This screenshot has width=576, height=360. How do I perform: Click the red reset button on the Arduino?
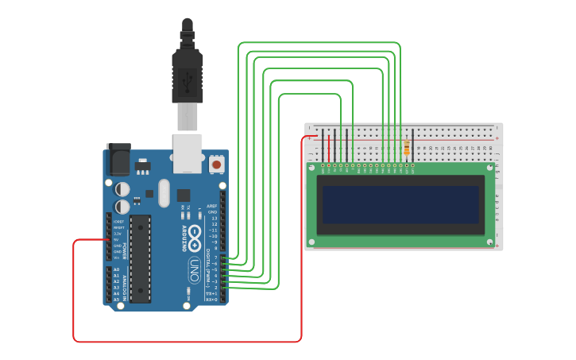coord(216,165)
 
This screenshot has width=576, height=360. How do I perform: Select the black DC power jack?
coord(118,159)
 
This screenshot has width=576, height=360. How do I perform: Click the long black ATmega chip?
coord(141,258)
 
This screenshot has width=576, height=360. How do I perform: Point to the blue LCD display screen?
coord(400,205)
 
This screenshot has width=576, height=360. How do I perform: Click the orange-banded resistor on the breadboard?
coord(407,148)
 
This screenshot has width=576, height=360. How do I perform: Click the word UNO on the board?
coord(194,270)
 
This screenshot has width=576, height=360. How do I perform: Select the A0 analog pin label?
coord(116,269)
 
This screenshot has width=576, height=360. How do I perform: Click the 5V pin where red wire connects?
coord(109,239)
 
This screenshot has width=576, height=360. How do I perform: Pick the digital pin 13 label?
coord(213,219)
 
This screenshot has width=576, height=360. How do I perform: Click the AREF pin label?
coord(212,206)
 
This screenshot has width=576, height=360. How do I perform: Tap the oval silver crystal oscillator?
coord(164,192)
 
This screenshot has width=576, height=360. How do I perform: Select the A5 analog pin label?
coord(116,300)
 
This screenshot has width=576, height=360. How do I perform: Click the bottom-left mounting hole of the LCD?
coord(312,240)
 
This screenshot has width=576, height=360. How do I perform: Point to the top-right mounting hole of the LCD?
coord(489,168)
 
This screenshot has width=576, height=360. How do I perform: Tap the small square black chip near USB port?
coord(184,195)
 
